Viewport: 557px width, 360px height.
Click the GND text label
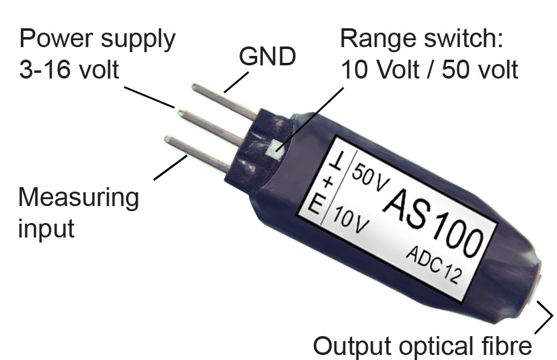coord(267,58)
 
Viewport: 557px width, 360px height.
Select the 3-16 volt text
coord(69,70)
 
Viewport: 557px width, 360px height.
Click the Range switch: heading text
coord(422,40)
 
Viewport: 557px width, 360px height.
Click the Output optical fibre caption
coord(422,346)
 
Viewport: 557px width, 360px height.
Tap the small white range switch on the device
coord(275,149)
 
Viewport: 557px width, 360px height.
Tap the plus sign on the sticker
coord(328,183)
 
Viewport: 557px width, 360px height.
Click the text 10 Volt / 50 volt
coord(429,70)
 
